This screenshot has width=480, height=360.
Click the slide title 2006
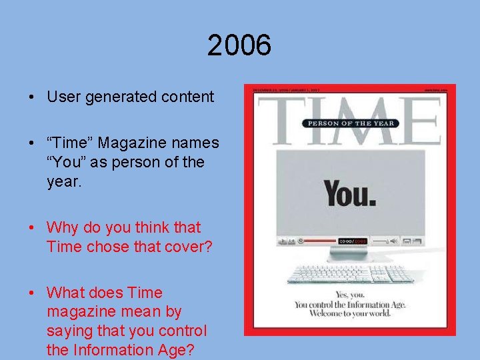click(239, 46)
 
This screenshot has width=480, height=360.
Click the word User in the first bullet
click(63, 97)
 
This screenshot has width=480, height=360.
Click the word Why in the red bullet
click(62, 227)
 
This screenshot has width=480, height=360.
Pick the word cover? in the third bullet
click(189, 247)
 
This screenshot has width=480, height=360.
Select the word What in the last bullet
click(65, 293)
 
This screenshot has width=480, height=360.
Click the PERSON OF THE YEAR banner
click(349, 123)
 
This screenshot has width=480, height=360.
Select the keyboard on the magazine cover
click(350, 273)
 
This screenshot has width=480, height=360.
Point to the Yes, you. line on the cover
click(351, 294)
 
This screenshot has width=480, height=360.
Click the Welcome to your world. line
click(351, 315)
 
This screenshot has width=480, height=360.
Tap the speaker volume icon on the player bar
click(394, 241)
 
